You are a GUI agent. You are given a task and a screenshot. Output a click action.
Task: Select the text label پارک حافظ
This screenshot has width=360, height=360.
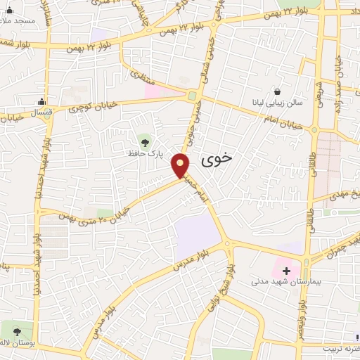(144, 153)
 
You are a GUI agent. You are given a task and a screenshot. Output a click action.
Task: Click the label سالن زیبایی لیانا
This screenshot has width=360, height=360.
(278, 103)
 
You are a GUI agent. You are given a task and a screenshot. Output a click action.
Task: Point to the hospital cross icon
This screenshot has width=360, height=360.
(286, 270)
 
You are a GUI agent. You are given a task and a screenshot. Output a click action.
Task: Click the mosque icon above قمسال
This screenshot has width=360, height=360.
(42, 101)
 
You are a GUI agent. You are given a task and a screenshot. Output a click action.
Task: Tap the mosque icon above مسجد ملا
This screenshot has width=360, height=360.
(10, 10)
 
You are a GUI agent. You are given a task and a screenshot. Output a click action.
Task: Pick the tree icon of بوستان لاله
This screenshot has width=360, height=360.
(17, 330)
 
